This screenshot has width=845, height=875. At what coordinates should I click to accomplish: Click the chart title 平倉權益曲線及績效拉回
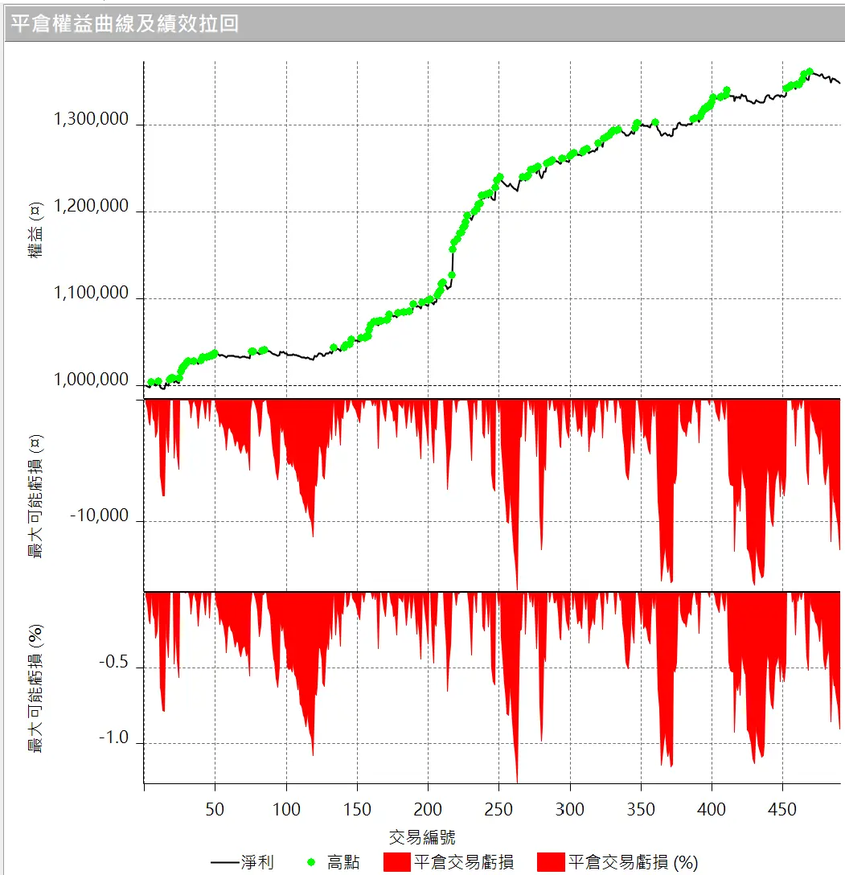(125, 23)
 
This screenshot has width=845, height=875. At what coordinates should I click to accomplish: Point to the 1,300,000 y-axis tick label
(91, 119)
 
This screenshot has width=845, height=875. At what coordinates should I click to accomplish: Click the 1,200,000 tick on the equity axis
(91, 206)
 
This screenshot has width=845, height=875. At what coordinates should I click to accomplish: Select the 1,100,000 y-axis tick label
(91, 293)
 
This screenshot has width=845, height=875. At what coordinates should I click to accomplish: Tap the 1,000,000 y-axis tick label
(91, 380)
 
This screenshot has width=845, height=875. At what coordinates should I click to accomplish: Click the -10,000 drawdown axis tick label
(99, 516)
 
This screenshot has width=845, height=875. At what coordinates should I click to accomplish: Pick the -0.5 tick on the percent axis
(113, 663)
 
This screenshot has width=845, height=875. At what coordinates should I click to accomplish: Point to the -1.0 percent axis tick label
(113, 738)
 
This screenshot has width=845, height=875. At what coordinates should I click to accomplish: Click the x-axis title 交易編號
(422, 836)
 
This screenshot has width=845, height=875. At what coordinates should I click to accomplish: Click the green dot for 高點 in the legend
(310, 863)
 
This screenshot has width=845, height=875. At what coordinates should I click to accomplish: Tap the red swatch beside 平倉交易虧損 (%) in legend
(551, 863)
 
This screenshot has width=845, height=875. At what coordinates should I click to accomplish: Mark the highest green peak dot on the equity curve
(810, 72)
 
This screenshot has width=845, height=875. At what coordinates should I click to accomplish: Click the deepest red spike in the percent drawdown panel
(517, 780)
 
